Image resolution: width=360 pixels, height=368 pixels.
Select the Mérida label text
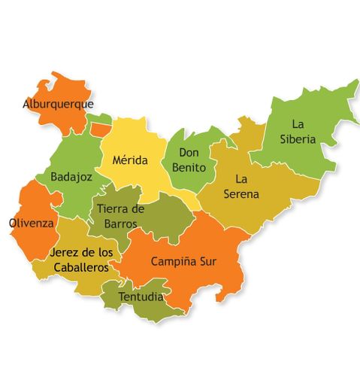[131, 160]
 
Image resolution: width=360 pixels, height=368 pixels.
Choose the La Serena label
[241, 187]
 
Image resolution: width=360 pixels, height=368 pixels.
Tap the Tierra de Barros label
[122, 216]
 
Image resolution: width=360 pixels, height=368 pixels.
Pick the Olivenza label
[31, 224]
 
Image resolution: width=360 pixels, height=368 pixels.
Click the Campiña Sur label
[184, 262]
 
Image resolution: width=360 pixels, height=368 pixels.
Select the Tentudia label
[141, 297]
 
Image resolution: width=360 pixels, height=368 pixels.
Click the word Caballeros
[79, 267]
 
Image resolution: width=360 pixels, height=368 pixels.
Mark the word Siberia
[298, 139]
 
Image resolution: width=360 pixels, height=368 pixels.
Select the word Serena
[241, 194]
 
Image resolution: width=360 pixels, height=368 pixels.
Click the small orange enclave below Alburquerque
[100, 129]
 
